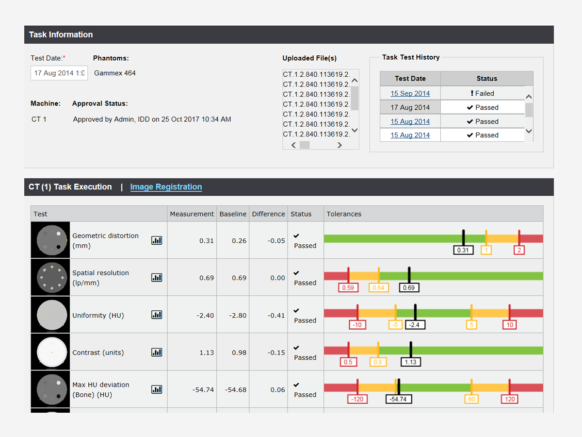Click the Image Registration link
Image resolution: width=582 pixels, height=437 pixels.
click(x=166, y=187)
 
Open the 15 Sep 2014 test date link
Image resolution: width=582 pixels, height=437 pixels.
click(x=410, y=93)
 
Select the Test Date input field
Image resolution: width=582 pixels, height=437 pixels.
click(x=59, y=73)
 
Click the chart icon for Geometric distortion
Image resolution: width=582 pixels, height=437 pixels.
click(x=157, y=240)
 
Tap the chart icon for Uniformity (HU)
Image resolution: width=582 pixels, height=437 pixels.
click(x=157, y=315)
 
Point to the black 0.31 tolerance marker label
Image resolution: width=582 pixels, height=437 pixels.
click(x=463, y=250)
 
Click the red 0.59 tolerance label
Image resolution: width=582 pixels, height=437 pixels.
click(x=348, y=287)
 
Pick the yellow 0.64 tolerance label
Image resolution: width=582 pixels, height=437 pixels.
click(x=378, y=287)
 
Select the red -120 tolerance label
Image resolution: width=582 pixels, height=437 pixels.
click(x=357, y=399)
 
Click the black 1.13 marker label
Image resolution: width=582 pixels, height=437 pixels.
click(x=411, y=362)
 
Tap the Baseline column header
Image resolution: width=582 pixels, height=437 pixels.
click(x=233, y=214)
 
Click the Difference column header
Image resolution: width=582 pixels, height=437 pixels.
click(x=269, y=214)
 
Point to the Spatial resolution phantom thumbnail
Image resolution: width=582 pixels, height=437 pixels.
click(x=50, y=277)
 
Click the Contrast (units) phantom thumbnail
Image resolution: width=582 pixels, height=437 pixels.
click(x=50, y=352)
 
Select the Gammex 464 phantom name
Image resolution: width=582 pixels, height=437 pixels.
click(x=115, y=73)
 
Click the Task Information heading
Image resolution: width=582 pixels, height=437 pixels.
click(x=61, y=34)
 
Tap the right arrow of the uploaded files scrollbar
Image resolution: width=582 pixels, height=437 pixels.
click(x=339, y=145)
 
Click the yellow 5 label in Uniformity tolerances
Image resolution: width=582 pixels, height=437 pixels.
click(x=471, y=325)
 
